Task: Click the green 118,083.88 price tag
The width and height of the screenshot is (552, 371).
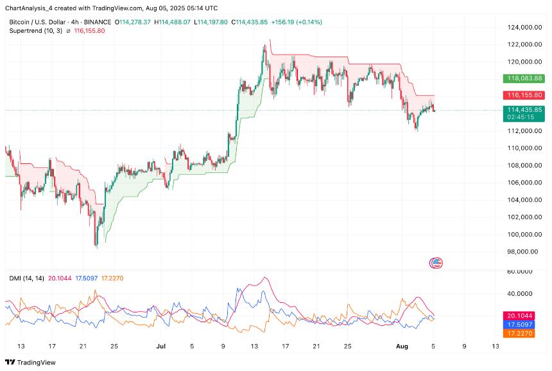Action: (x=524, y=78)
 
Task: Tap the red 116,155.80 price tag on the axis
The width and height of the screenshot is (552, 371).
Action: (x=524, y=95)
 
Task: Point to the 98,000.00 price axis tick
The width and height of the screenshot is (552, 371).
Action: (x=522, y=251)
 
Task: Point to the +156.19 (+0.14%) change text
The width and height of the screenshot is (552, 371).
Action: (x=297, y=22)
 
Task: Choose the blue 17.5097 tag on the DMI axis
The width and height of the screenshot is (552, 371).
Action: (x=524, y=325)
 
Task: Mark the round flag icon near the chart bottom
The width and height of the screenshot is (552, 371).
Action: (x=438, y=262)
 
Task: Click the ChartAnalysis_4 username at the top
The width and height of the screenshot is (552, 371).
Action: (x=30, y=8)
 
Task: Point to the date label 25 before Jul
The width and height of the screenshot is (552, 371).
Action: (x=114, y=346)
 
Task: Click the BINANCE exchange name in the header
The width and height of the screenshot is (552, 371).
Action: (x=101, y=22)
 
